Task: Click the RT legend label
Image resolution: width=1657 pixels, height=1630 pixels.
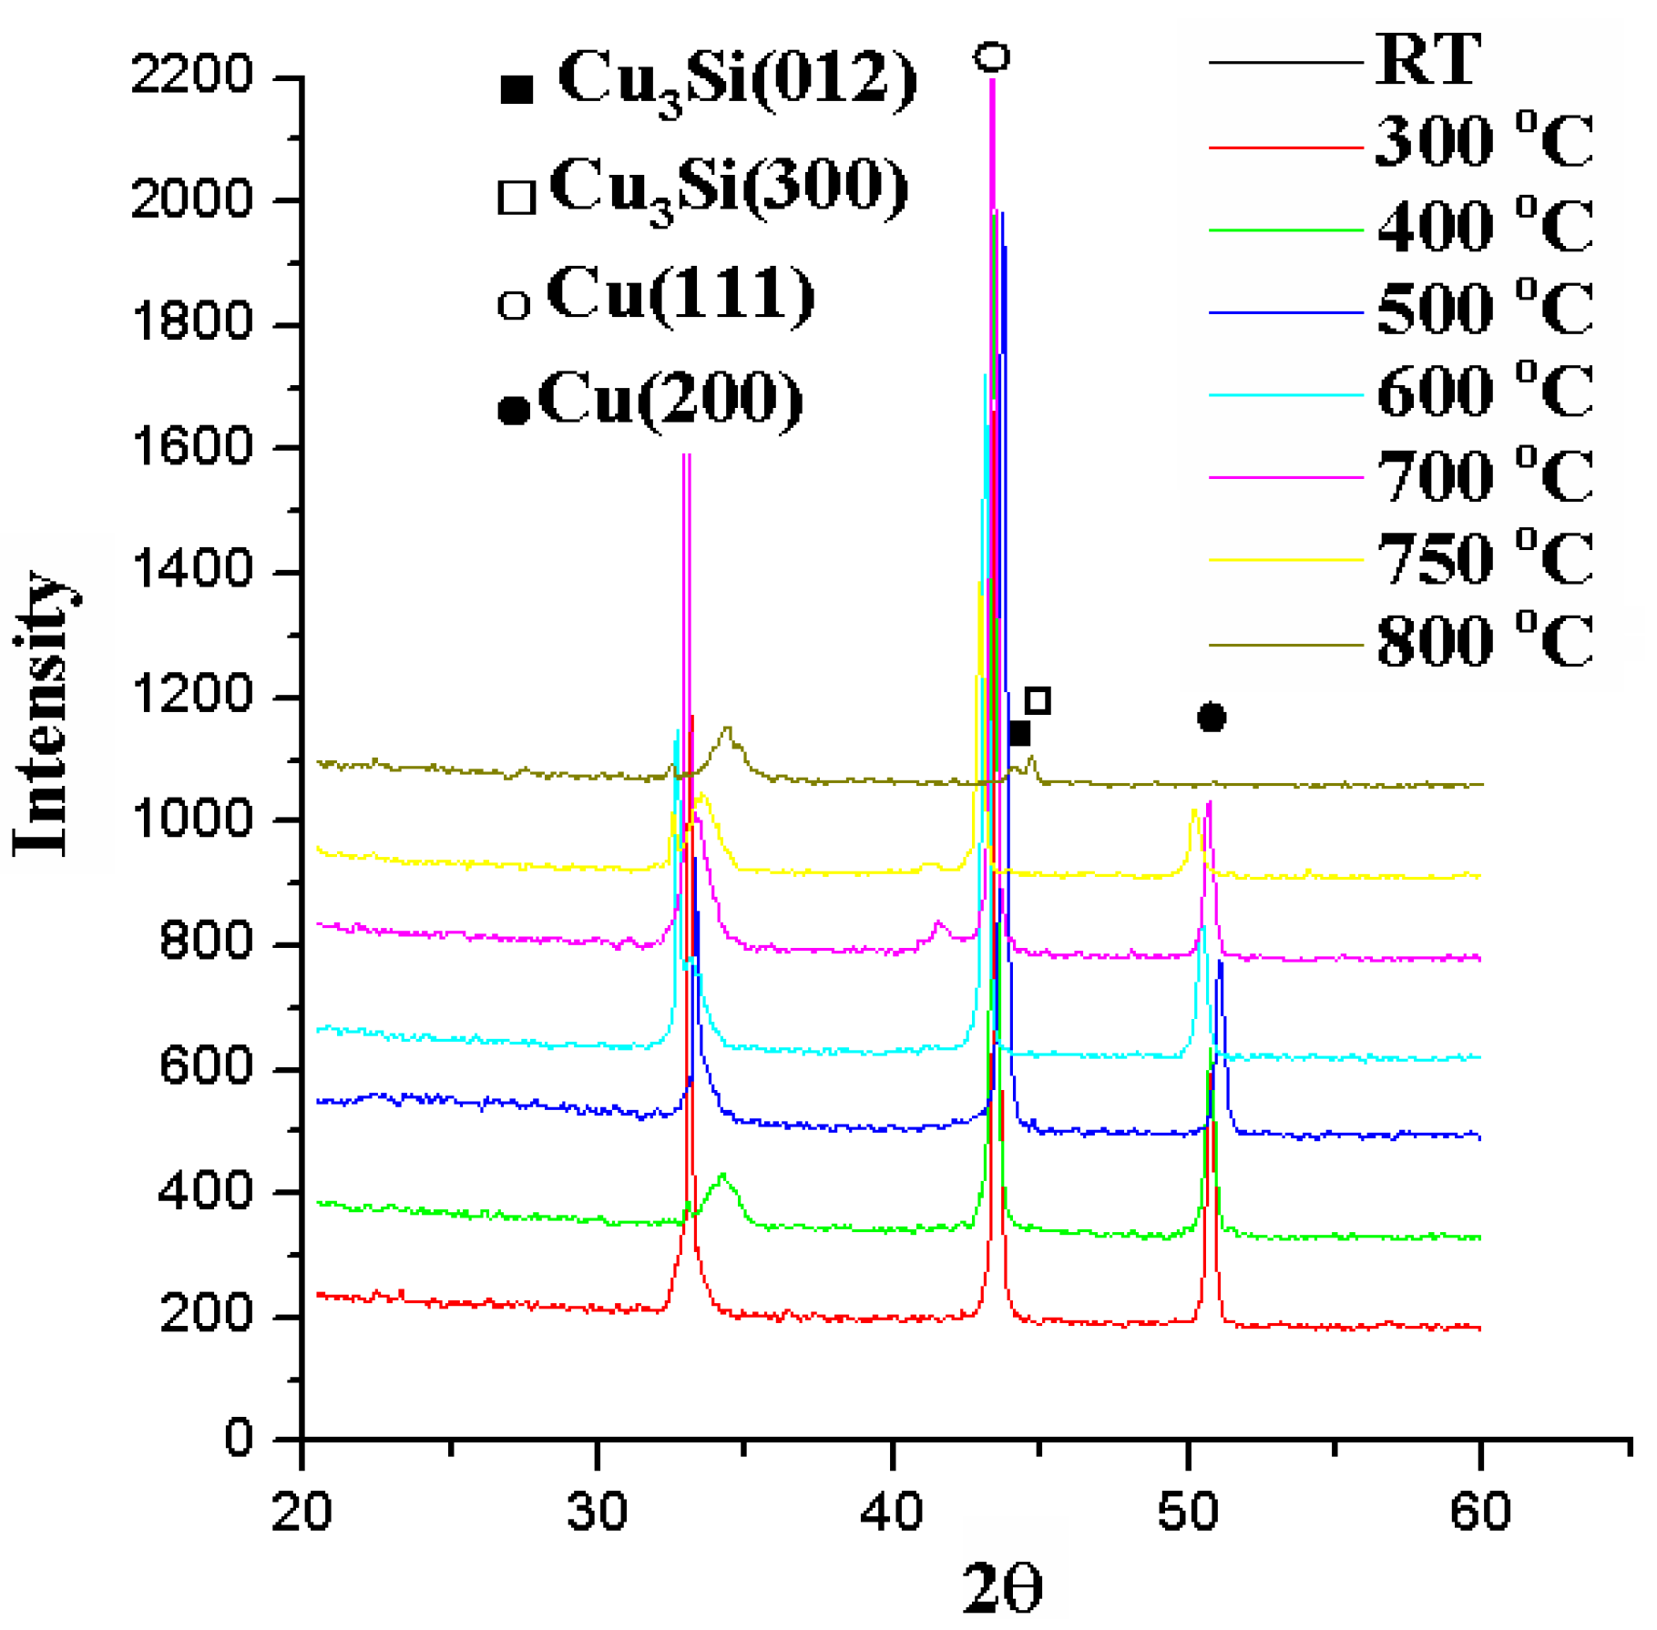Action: pos(1427,60)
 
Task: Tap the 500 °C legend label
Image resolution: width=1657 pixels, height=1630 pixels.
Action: pos(1484,310)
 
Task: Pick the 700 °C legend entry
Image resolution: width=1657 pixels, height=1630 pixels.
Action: pos(1484,475)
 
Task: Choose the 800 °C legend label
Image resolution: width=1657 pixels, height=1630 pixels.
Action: pos(1484,641)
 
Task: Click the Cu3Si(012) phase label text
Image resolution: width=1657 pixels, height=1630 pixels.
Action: pos(736,82)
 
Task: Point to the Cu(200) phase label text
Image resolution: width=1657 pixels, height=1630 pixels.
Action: pos(670,401)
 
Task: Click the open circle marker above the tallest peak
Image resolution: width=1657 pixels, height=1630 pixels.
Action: pos(992,57)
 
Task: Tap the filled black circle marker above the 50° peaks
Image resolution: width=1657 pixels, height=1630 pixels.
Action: pos(1211,718)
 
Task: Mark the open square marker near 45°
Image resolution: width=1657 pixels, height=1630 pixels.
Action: pos(1038,700)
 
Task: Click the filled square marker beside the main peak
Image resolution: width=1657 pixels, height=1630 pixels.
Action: pos(1018,733)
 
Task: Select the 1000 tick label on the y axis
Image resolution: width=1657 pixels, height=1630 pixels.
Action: pos(191,820)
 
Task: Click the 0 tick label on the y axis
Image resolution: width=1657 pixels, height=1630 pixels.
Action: pos(238,1438)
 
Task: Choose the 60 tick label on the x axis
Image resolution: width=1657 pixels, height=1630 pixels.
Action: pos(1480,1513)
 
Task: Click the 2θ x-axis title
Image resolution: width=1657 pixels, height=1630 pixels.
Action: pos(1002,1589)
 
